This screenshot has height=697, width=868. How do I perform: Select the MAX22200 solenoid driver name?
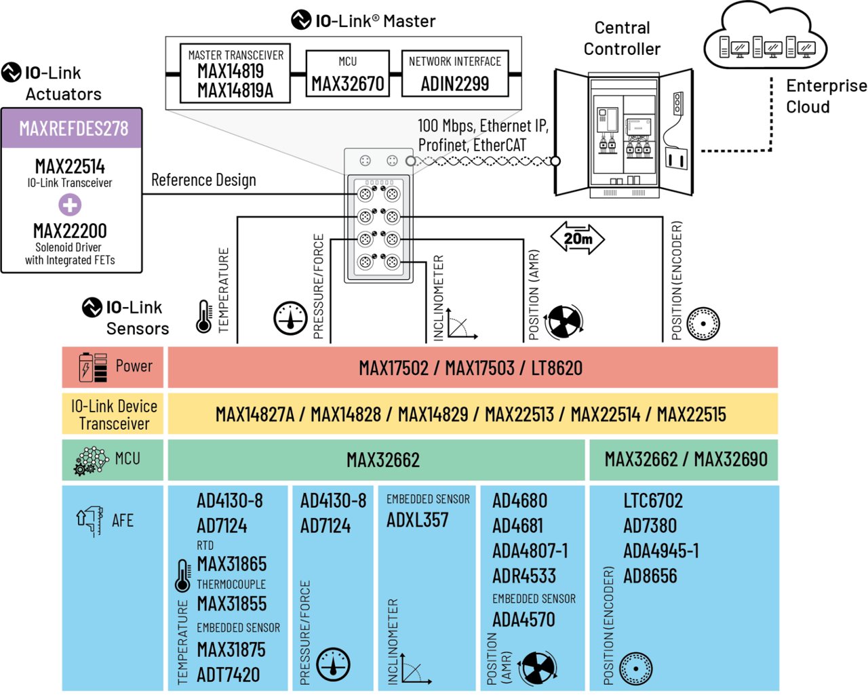pyautogui.click(x=70, y=231)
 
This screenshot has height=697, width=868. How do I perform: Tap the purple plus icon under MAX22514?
pyautogui.click(x=69, y=205)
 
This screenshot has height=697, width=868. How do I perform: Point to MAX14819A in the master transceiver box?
pyautogui.click(x=235, y=91)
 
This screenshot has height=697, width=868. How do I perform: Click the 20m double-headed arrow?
pyautogui.click(x=577, y=239)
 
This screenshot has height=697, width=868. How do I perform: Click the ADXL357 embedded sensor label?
pyautogui.click(x=417, y=521)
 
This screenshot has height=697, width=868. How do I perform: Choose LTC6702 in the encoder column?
pyautogui.click(x=652, y=501)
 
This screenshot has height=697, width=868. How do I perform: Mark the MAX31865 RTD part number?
pyautogui.click(x=231, y=564)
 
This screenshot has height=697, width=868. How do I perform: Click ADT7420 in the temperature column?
pyautogui.click(x=228, y=675)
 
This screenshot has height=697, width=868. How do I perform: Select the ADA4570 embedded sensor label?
pyautogui.click(x=524, y=620)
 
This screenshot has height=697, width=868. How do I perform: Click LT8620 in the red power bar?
pyautogui.click(x=556, y=369)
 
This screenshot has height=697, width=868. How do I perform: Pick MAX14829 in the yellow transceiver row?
pyautogui.click(x=433, y=414)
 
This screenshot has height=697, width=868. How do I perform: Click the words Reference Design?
pyautogui.click(x=203, y=180)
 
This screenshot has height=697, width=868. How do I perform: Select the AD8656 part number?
pyautogui.click(x=650, y=576)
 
